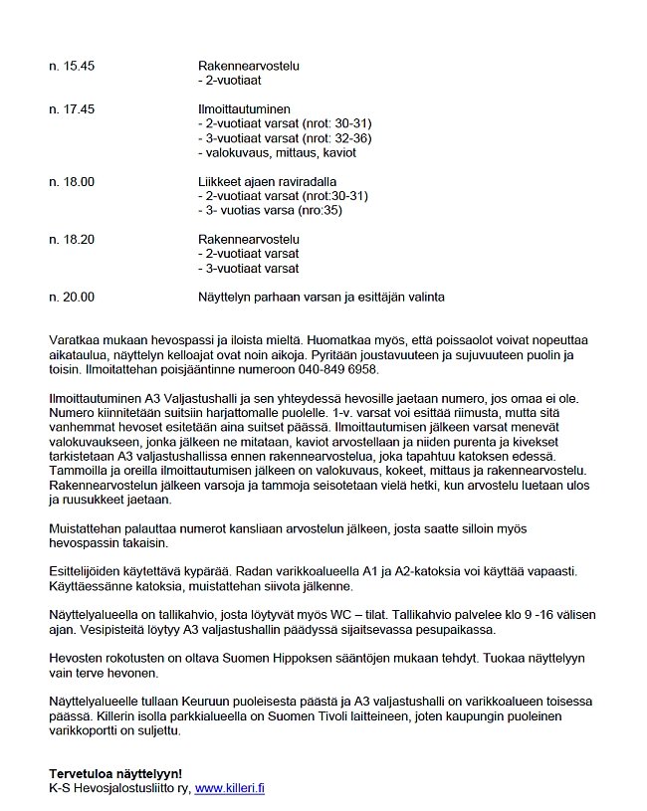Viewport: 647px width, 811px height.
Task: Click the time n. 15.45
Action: pos(72,67)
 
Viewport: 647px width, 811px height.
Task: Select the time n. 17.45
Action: pos(72,109)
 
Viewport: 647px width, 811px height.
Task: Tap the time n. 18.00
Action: pos(72,182)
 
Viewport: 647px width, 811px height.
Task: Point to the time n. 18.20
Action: pos(72,240)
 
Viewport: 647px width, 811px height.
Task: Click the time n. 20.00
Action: pos(72,298)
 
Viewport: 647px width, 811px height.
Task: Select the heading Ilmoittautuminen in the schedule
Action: pos(246,109)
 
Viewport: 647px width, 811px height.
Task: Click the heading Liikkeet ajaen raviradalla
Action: pos(267,182)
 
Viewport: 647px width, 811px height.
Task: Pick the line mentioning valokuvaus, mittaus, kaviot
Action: pos(278,153)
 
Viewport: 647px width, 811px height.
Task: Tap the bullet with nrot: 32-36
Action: pos(285,138)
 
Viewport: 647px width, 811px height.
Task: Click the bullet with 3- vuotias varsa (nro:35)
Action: pos(283,211)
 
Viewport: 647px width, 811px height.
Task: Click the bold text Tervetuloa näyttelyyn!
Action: pos(115,773)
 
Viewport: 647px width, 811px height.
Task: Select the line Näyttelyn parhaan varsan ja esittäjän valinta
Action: pos(322,298)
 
